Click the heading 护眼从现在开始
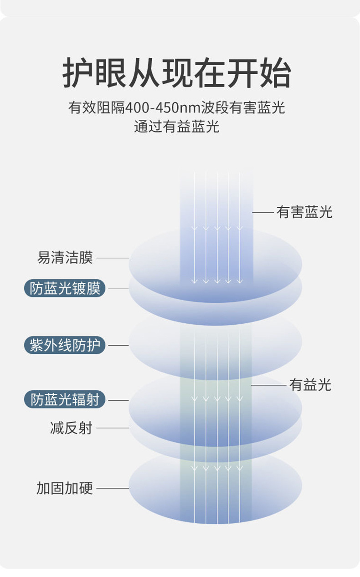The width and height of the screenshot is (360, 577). click(x=177, y=73)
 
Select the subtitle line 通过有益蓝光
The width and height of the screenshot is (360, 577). click(x=177, y=126)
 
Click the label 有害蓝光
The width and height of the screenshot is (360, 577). click(x=304, y=212)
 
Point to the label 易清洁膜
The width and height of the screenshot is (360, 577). click(x=65, y=258)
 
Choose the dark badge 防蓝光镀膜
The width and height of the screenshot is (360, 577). click(x=65, y=289)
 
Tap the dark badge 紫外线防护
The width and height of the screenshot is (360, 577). click(x=65, y=346)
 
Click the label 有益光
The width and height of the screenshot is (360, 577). click(x=310, y=385)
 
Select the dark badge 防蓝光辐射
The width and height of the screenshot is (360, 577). click(x=65, y=400)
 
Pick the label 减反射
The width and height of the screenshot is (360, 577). click(x=71, y=428)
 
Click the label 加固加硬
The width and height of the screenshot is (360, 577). click(x=65, y=488)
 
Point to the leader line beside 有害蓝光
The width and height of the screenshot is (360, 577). click(x=263, y=212)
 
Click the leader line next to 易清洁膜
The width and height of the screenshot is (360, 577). click(x=113, y=258)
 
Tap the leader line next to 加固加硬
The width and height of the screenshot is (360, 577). click(x=113, y=488)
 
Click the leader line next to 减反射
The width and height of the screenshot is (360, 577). click(x=113, y=428)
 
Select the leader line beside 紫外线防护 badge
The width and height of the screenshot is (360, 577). click(x=118, y=346)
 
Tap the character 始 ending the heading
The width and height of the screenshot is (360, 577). click(x=275, y=73)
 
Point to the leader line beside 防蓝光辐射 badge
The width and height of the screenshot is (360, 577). click(x=118, y=400)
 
